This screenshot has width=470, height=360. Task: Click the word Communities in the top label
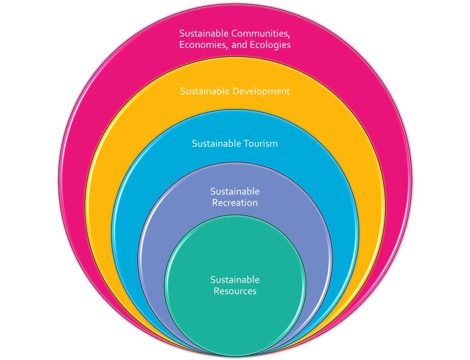tap(261, 33)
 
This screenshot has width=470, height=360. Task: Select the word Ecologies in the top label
tap(269, 45)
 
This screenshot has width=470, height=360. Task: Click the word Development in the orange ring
tap(261, 91)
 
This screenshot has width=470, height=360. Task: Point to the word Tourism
tap(262, 144)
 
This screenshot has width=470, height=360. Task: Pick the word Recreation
tap(235, 203)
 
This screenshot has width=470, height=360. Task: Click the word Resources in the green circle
tap(235, 291)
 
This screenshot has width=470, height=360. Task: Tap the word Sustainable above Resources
tap(235, 280)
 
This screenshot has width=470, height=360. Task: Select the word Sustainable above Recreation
tap(235, 191)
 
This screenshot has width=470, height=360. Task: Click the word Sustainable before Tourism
tap(214, 144)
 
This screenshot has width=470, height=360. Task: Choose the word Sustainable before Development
tap(205, 91)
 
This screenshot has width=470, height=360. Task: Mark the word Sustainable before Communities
tap(204, 33)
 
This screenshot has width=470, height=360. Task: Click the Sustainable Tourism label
tap(235, 144)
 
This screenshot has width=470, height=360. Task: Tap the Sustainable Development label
tap(235, 91)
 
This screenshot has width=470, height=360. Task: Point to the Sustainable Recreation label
tap(235, 197)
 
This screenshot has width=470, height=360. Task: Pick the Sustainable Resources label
tap(235, 285)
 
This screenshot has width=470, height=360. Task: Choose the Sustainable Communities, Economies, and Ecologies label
tap(235, 39)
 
